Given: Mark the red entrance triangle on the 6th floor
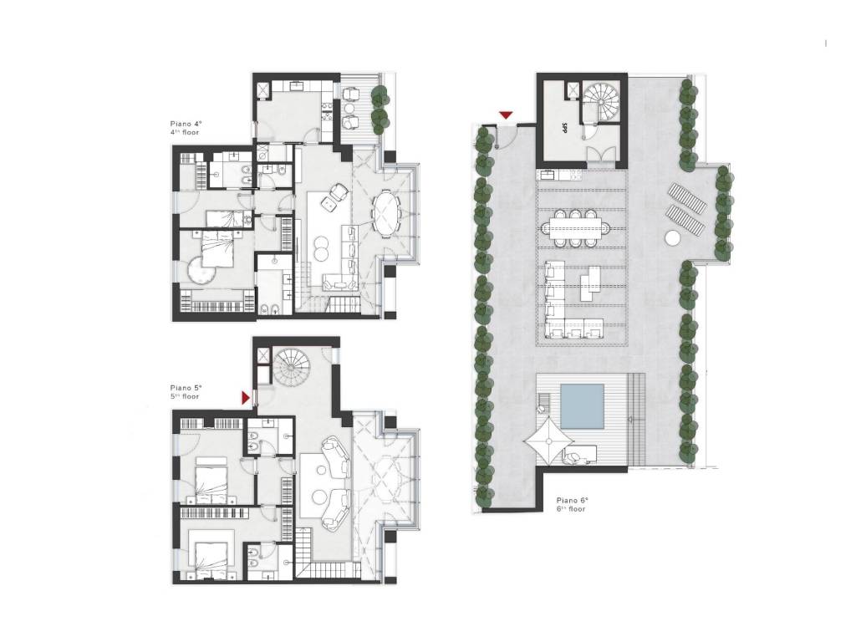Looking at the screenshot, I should (506, 115).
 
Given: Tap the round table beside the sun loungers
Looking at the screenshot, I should (672, 237).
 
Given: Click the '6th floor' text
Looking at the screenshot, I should (573, 507).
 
